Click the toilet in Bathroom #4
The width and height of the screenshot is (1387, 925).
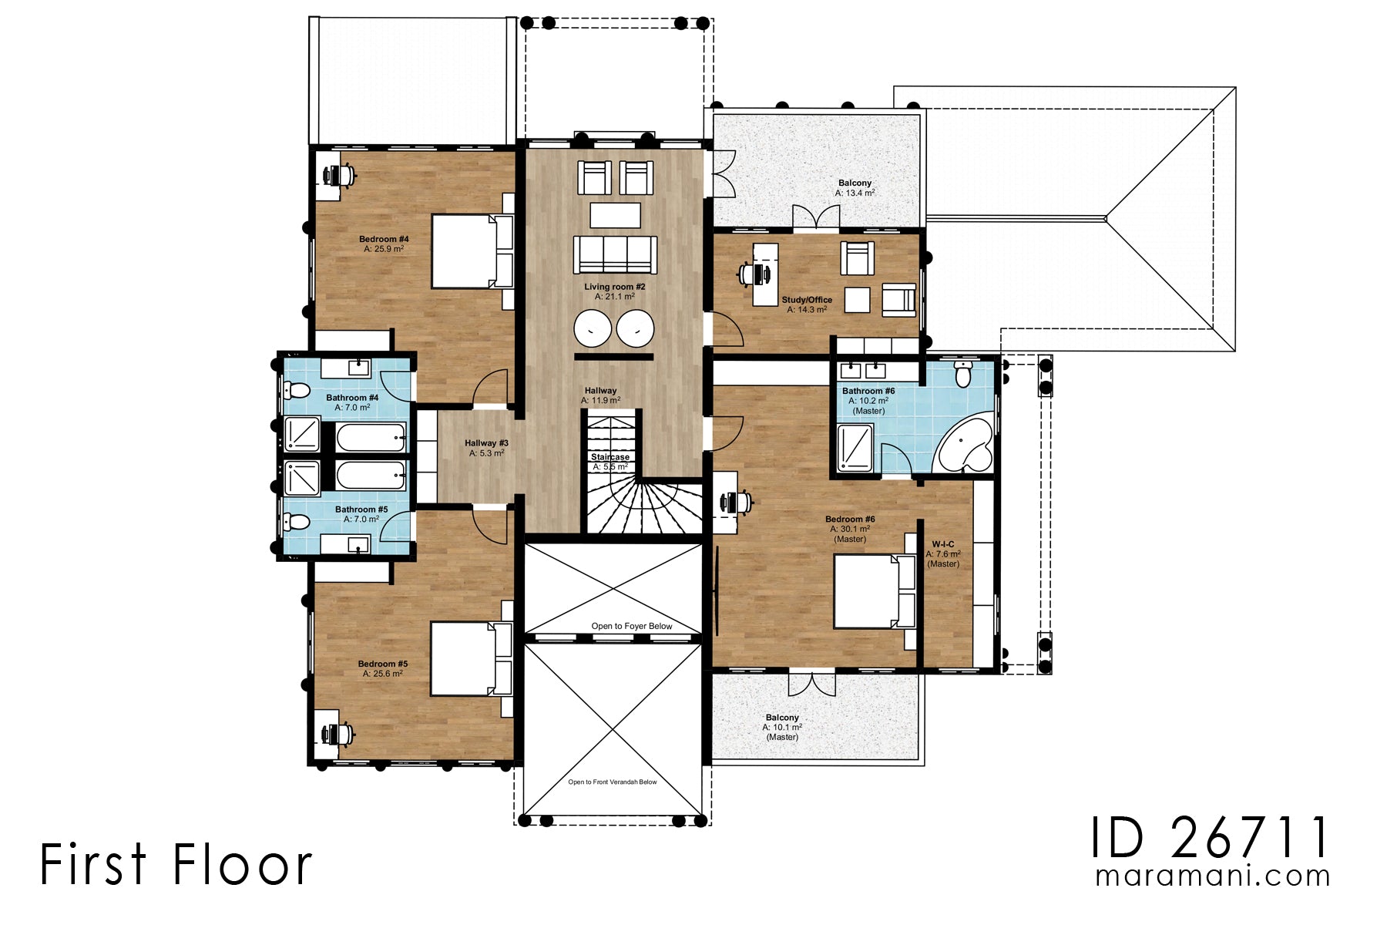[297, 391]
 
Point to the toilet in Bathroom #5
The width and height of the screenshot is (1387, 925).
[297, 522]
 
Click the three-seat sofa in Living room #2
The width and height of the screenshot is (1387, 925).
[615, 254]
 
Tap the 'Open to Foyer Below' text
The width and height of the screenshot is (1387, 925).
[632, 626]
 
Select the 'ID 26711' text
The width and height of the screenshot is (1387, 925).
[1210, 838]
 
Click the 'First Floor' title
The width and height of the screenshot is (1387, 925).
[176, 865]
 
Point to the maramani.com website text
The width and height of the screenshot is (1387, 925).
[1212, 876]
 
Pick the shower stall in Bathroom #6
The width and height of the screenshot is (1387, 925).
[855, 448]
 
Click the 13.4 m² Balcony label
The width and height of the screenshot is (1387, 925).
[855, 188]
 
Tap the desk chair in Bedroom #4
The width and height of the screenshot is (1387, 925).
[344, 175]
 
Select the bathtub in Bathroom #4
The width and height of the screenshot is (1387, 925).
[371, 437]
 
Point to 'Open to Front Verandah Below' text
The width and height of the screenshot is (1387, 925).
[613, 782]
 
